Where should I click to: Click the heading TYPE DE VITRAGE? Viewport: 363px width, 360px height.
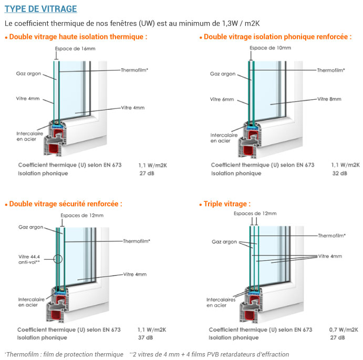click(40, 9)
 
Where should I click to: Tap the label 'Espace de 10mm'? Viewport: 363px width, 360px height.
click(270, 48)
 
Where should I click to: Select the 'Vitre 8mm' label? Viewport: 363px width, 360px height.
click(329, 99)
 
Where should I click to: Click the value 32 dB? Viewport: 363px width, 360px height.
click(339, 173)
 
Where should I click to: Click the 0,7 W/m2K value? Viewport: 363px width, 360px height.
click(344, 330)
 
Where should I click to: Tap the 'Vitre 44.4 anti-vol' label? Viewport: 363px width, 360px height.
click(30, 259)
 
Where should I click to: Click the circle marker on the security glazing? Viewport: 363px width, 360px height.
click(58, 259)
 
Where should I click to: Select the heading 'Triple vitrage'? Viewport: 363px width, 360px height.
click(227, 204)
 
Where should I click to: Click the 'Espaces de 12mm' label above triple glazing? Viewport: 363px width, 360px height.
click(255, 213)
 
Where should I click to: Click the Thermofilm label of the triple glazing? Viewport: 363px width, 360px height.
click(332, 235)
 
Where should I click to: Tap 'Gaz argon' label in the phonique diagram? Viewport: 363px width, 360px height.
click(223, 74)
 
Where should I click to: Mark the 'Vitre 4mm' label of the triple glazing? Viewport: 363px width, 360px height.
click(330, 256)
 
